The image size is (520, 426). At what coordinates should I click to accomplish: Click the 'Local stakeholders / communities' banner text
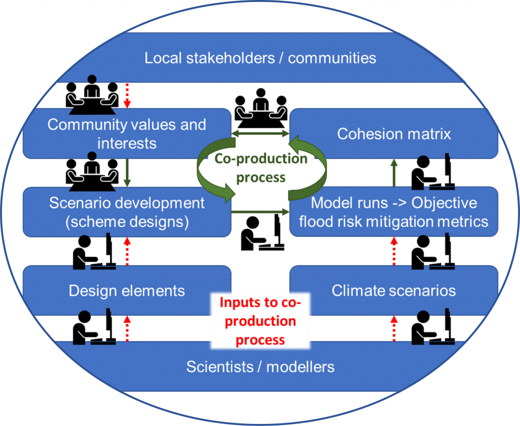(x=260, y=57)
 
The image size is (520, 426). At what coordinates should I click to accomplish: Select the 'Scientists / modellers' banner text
(x=260, y=367)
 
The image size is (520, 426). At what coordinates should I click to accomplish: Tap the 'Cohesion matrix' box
(x=394, y=134)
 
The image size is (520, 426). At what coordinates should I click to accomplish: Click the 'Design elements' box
(x=127, y=290)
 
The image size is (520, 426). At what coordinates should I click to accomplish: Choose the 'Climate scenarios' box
(x=394, y=290)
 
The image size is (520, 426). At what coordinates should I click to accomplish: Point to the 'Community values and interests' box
(x=127, y=134)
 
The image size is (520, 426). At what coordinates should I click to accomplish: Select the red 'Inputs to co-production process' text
(x=261, y=321)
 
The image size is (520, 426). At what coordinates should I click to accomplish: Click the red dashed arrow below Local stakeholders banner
(x=128, y=96)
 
